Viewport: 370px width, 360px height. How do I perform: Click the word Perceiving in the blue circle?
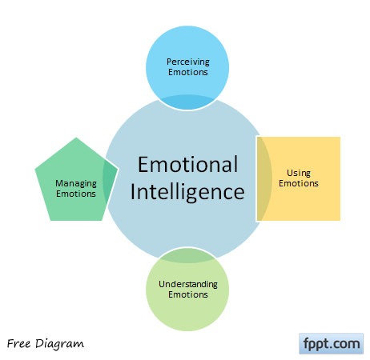(x=188, y=62)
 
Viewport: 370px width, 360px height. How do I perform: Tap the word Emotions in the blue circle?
(x=188, y=72)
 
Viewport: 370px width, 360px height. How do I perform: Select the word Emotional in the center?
(x=187, y=164)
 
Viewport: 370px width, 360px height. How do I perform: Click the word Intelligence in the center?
(x=187, y=192)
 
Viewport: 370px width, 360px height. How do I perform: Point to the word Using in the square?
(x=299, y=173)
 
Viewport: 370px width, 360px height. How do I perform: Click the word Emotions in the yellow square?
(x=299, y=183)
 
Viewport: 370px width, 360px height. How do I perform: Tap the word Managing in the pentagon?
(x=76, y=184)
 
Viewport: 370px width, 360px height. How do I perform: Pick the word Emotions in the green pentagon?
(x=76, y=194)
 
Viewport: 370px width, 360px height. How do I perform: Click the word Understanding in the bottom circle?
(x=188, y=285)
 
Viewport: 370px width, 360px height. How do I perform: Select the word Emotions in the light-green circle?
(x=188, y=294)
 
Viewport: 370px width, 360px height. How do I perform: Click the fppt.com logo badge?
(x=332, y=343)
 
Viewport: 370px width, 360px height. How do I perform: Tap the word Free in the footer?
(x=18, y=343)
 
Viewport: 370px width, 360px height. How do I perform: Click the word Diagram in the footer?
(x=59, y=344)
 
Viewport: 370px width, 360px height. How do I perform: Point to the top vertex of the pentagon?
(x=76, y=138)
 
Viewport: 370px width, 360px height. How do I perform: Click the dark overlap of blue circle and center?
(x=187, y=102)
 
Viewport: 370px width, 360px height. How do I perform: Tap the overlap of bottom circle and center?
(x=187, y=255)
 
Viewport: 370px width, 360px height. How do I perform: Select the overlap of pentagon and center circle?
(x=110, y=180)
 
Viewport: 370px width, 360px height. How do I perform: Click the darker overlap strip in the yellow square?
(x=263, y=178)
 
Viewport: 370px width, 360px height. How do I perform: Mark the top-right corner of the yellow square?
(x=340, y=137)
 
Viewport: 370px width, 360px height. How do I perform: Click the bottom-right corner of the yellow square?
(x=340, y=221)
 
